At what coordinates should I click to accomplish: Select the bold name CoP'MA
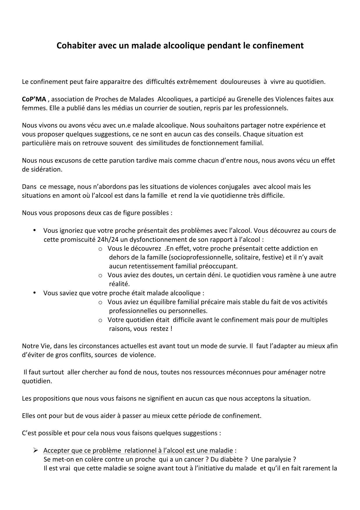click(x=34, y=99)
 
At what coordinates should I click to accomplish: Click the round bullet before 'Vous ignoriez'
click(x=35, y=230)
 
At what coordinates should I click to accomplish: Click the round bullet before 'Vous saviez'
click(x=35, y=292)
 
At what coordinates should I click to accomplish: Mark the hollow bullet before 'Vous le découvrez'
click(x=100, y=249)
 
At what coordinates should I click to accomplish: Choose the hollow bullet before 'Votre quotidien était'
click(x=100, y=320)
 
